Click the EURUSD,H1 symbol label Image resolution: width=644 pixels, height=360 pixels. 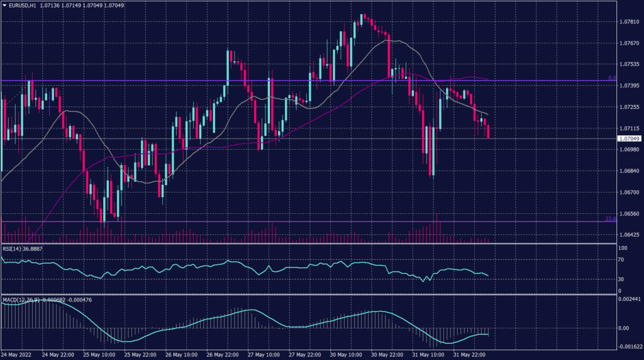click(x=21, y=4)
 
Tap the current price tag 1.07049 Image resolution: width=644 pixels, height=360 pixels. click(x=629, y=138)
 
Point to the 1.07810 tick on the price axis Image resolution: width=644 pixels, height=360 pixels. click(x=629, y=22)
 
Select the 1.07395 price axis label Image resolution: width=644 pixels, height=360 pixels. click(x=629, y=86)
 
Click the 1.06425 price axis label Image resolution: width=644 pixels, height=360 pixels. click(x=629, y=235)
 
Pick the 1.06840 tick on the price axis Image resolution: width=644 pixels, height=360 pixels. click(x=629, y=171)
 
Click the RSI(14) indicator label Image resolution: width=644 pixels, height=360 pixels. click(x=14, y=249)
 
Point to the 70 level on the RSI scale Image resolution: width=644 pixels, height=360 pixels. click(x=620, y=259)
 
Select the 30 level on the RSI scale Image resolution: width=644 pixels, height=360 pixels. click(x=620, y=279)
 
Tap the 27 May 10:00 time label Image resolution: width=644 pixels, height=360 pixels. click(x=262, y=355)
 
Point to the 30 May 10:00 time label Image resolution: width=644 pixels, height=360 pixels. click(x=344, y=355)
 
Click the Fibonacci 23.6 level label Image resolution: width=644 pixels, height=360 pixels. click(x=610, y=218)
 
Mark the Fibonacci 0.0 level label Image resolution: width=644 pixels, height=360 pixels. click(x=611, y=78)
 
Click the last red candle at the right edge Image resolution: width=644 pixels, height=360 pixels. click(x=489, y=132)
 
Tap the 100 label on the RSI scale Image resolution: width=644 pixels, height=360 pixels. click(x=621, y=248)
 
